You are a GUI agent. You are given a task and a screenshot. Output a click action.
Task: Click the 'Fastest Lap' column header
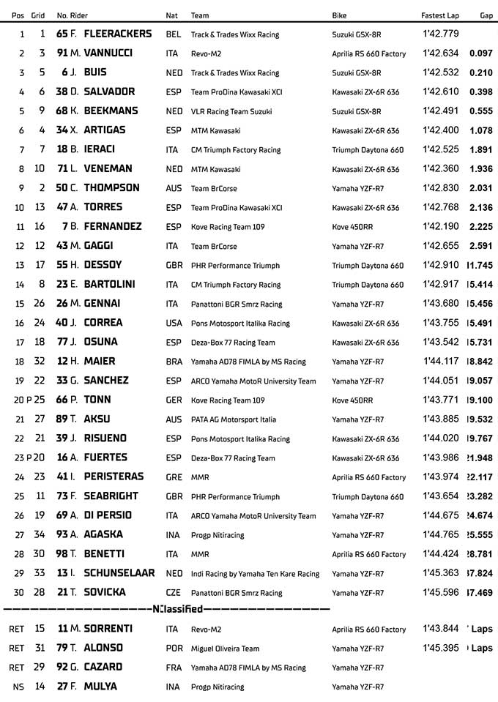click(x=439, y=15)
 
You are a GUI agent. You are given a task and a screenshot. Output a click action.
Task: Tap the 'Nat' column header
click(x=171, y=15)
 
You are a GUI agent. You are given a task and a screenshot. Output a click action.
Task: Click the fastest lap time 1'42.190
click(x=440, y=226)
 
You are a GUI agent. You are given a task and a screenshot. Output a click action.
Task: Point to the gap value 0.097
click(x=480, y=53)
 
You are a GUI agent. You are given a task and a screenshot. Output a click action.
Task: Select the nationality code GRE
click(x=173, y=477)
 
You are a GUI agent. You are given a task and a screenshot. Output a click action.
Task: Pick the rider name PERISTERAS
click(x=114, y=477)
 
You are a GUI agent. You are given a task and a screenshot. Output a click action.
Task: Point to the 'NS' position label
click(x=18, y=687)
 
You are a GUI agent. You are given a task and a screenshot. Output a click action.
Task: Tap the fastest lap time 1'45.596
click(x=440, y=592)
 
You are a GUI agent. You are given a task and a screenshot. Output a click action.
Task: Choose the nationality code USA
click(x=173, y=323)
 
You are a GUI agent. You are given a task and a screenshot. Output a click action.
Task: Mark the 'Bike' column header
click(x=339, y=15)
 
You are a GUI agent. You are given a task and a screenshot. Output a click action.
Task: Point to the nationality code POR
click(x=173, y=649)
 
